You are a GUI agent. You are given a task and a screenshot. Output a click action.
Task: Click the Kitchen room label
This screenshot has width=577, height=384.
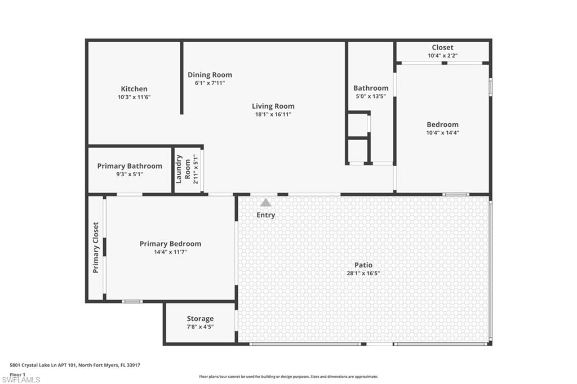click(x=134, y=89)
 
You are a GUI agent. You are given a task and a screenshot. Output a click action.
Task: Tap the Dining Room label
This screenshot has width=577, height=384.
click(x=210, y=75)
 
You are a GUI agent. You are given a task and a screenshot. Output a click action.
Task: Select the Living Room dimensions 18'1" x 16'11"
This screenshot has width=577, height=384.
click(x=273, y=114)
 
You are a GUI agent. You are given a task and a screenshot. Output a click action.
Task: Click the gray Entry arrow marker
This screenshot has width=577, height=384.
click(x=265, y=203)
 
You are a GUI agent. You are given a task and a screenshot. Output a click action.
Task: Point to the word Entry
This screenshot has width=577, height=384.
click(x=265, y=215)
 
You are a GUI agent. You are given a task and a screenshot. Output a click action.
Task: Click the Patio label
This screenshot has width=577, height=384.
click(x=363, y=265)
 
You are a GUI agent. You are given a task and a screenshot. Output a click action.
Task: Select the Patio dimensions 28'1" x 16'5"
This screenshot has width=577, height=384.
click(x=363, y=273)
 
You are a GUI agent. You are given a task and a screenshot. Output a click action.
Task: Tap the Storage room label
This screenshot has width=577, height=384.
click(x=200, y=319)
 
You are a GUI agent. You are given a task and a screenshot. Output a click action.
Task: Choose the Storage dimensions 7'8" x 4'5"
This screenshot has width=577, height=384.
click(x=200, y=327)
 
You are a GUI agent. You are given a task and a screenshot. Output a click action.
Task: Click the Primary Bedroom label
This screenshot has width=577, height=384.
click(x=170, y=244)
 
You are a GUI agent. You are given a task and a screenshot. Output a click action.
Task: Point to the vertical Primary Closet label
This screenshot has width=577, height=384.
click(x=96, y=248)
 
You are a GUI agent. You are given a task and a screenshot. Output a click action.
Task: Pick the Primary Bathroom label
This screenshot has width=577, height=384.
click(x=130, y=166)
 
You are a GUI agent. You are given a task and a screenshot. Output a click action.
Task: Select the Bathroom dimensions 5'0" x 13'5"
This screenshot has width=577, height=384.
click(x=370, y=96)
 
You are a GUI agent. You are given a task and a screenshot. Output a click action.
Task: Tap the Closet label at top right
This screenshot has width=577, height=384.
click(x=442, y=47)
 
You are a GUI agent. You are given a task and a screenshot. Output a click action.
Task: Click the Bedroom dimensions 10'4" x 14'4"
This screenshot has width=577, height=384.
click(x=442, y=133)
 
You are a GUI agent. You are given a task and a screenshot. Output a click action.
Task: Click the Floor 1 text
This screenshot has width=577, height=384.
click(x=18, y=374)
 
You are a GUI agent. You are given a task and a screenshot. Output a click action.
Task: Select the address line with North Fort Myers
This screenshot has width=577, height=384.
click(x=75, y=365)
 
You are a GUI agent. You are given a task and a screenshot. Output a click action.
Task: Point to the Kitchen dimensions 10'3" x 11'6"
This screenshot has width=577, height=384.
click(x=134, y=97)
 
